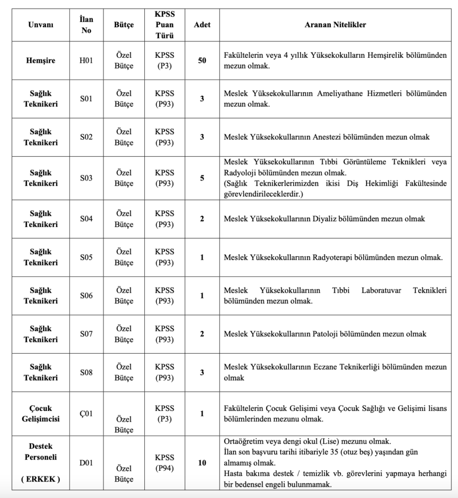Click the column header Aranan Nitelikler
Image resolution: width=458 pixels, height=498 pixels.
(x=335, y=24)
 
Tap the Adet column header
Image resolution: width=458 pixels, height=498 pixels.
(x=202, y=24)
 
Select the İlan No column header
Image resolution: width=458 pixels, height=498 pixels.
(x=86, y=24)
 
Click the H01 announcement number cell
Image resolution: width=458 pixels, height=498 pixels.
(x=86, y=61)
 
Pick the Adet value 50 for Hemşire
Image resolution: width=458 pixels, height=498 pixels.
(x=202, y=61)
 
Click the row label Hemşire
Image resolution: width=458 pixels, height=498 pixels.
(x=41, y=61)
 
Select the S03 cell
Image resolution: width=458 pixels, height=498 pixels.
(x=86, y=178)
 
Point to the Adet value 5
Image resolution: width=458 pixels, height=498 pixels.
(x=202, y=178)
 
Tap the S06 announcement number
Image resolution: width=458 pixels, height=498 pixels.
(x=86, y=296)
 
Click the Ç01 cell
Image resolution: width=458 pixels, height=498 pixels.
(x=86, y=414)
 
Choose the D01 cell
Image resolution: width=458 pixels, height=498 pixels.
(x=86, y=463)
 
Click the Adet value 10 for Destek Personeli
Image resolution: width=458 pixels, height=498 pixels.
(x=202, y=463)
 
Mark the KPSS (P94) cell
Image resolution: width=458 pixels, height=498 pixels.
(x=164, y=462)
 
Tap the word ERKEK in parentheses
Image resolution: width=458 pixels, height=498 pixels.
(x=41, y=480)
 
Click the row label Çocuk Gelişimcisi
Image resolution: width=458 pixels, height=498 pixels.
(x=41, y=413)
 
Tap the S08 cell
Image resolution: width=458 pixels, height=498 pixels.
(x=86, y=373)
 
